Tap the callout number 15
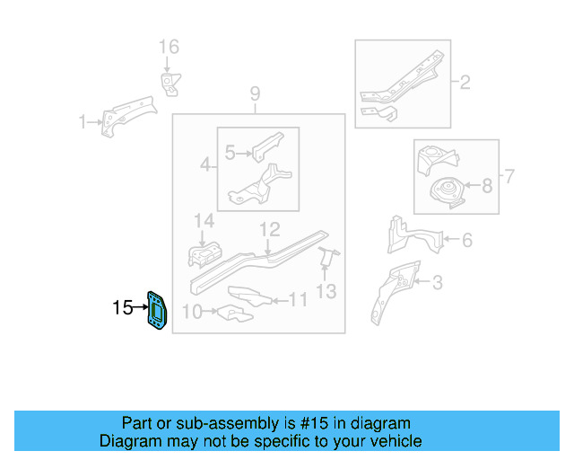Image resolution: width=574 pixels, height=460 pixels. (x=122, y=308)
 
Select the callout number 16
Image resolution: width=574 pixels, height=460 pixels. (x=169, y=47)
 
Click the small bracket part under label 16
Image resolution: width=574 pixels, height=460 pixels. (x=168, y=83)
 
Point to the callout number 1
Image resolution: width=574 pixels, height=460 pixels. (x=83, y=122)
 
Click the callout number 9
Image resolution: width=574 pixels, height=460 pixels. (x=255, y=93)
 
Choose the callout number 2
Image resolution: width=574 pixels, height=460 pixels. (x=465, y=84)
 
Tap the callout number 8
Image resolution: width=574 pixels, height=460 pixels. (x=486, y=187)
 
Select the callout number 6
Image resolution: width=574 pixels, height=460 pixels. (x=466, y=240)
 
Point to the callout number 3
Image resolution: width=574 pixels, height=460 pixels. (x=437, y=285)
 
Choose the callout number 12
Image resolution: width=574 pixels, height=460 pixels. (x=270, y=230)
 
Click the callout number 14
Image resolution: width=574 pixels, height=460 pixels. (x=204, y=222)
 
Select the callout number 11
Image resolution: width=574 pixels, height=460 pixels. (x=299, y=299)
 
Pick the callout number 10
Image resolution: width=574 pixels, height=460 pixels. (x=192, y=313)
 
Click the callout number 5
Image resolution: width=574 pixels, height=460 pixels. (x=230, y=154)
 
